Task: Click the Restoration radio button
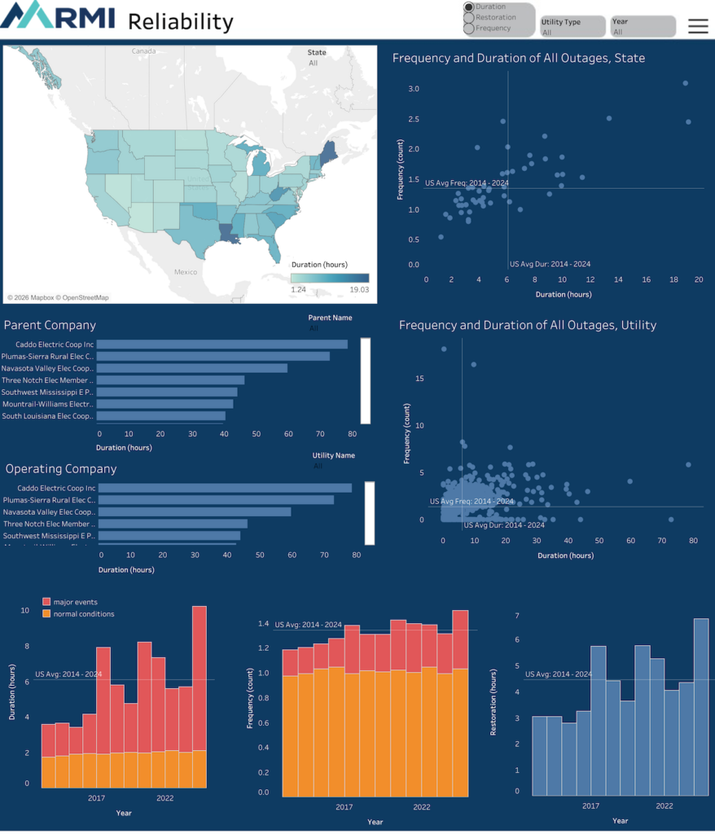tap(469, 18)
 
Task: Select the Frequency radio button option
tap(469, 29)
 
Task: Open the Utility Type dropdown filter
tap(573, 27)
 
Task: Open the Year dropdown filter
tap(643, 27)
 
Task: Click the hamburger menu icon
tap(698, 26)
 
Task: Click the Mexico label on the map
tap(186, 272)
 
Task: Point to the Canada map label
tap(143, 51)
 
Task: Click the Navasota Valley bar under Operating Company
tap(195, 512)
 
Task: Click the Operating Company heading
tap(61, 469)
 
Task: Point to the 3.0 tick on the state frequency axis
tap(414, 89)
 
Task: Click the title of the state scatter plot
tap(519, 59)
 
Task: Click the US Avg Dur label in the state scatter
tap(550, 264)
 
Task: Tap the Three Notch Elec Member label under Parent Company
tap(48, 380)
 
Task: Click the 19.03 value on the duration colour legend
tap(358, 290)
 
